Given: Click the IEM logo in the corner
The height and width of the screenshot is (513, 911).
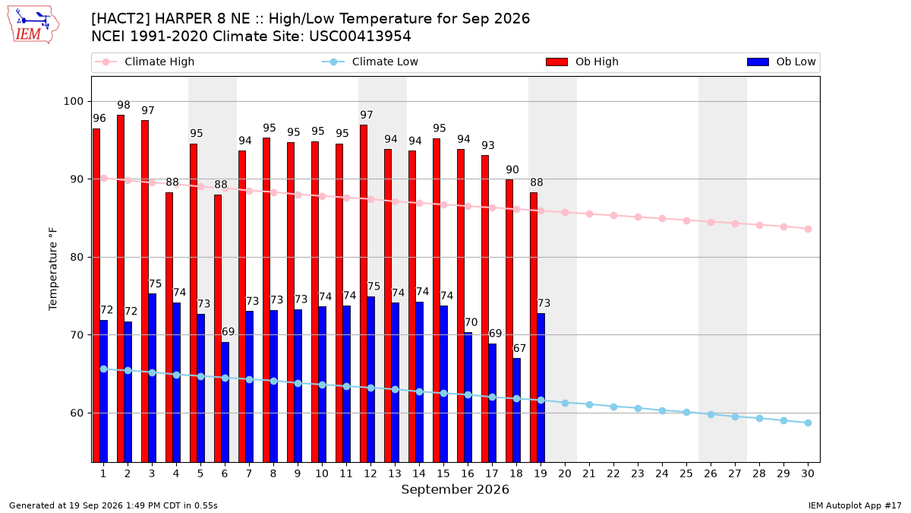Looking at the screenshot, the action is click(x=33, y=25).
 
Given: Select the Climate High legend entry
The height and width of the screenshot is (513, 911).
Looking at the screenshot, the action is click(x=144, y=62).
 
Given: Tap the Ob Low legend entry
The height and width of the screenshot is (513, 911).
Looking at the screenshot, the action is click(x=781, y=62).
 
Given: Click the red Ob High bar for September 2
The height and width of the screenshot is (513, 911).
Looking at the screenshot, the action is click(x=121, y=289).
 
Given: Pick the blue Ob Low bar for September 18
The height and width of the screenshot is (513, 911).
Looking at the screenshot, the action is click(x=516, y=410).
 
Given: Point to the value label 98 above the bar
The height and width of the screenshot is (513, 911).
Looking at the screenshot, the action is click(x=124, y=105).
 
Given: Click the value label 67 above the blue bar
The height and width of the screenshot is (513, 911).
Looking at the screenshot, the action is click(x=519, y=349).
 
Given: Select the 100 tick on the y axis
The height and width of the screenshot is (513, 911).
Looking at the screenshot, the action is click(x=73, y=101).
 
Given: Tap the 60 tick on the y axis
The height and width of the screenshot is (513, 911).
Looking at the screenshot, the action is click(x=77, y=413).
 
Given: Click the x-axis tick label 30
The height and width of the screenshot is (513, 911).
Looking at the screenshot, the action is click(x=808, y=473).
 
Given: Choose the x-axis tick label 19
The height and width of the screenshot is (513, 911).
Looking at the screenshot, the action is click(x=541, y=473).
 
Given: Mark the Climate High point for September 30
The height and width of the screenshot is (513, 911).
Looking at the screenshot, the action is click(x=808, y=230).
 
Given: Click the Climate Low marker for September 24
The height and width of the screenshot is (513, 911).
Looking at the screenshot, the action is click(x=662, y=411).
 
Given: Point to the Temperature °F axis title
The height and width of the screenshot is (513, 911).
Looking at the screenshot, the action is click(x=53, y=270).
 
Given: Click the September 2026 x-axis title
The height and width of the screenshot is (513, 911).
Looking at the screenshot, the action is click(x=455, y=489).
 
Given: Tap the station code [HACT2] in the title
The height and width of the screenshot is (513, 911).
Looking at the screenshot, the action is click(x=121, y=19).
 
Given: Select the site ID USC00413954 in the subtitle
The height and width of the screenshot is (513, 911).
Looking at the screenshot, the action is click(x=360, y=36).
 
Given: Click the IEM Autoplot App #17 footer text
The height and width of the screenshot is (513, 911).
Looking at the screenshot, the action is click(x=855, y=505).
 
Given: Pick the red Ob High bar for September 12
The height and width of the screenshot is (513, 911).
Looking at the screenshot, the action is click(x=364, y=293).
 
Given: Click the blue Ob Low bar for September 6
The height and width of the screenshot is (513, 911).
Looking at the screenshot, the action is click(x=225, y=402).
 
